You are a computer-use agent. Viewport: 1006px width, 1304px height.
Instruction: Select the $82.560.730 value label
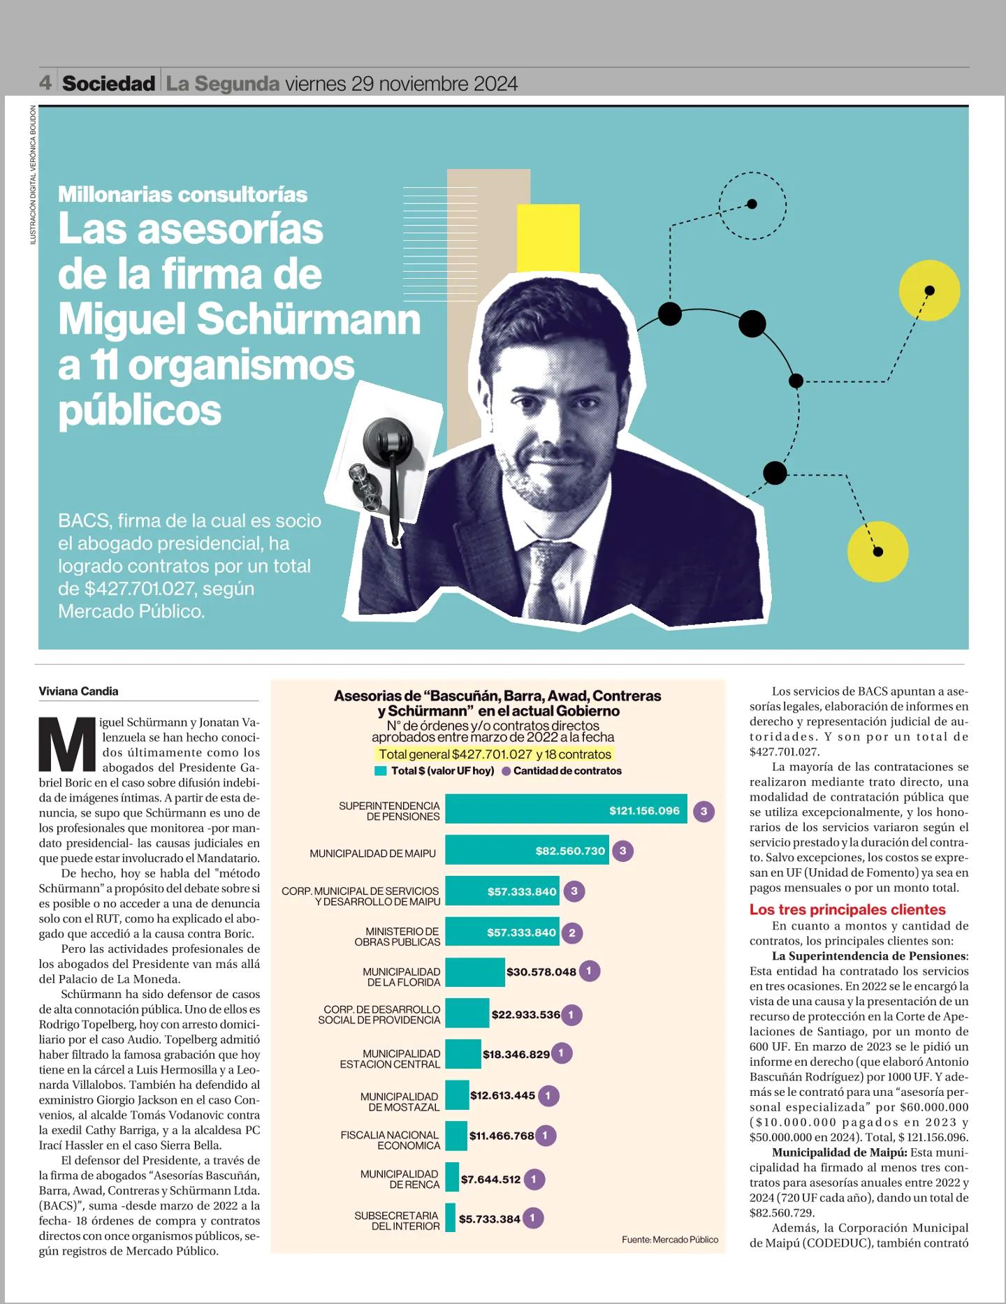pos(570,851)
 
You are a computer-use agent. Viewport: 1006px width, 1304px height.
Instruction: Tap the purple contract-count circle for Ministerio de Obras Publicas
pos(572,932)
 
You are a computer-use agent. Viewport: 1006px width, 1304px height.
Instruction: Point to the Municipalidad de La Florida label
pos(401,976)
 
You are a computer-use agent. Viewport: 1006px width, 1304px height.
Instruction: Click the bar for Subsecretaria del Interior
pos(450,1218)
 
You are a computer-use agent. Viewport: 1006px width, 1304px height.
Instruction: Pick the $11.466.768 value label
pos(502,1136)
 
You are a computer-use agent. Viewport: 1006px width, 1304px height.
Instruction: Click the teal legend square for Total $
pos(381,771)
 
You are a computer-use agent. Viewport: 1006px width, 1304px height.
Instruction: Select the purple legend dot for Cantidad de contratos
pos(506,771)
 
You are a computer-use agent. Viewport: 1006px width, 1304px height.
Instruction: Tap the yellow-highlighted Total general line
pos(495,754)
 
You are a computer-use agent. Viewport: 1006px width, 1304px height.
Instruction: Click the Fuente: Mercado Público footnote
pos(669,1239)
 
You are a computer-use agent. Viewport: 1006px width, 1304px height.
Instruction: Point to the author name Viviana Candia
pos(78,691)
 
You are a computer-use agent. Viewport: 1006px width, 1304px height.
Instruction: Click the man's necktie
pos(550,580)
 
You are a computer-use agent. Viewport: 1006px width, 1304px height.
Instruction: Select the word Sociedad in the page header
pos(108,84)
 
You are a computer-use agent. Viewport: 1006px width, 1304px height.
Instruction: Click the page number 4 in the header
pos(45,84)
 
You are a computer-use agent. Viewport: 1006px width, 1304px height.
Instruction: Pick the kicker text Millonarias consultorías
pos(183,194)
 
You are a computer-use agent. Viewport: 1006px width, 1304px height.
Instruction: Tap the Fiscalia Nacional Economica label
pos(390,1140)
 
